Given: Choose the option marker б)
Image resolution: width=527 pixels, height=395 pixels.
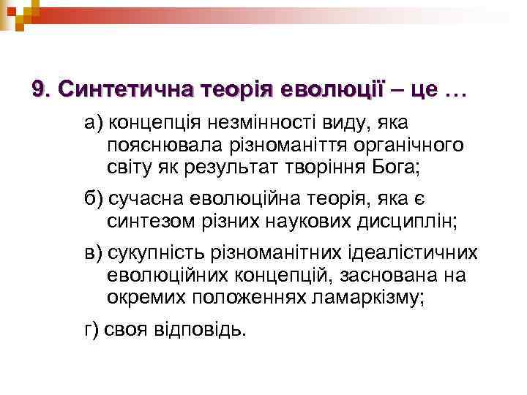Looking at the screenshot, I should click(x=93, y=199).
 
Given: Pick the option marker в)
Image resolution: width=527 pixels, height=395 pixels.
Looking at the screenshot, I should click(x=93, y=253).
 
